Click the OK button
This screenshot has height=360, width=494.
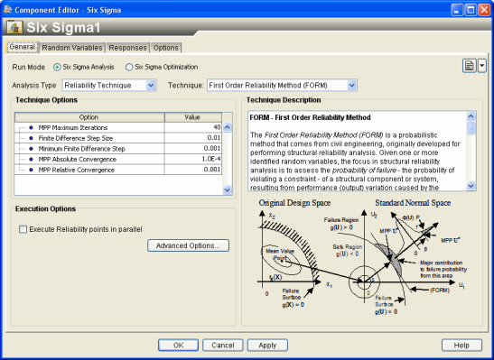[178, 345]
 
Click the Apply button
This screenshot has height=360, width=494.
[267, 345]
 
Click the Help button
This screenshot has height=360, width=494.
[461, 345]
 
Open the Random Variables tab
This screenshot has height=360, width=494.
[72, 48]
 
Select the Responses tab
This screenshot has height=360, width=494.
[128, 48]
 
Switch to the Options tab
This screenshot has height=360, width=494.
[166, 48]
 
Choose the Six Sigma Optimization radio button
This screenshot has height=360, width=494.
[129, 67]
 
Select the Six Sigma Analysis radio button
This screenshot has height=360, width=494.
[58, 67]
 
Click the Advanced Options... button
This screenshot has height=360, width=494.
[190, 245]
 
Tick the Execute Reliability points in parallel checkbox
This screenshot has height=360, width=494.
[23, 230]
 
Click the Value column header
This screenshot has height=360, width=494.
[192, 116]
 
